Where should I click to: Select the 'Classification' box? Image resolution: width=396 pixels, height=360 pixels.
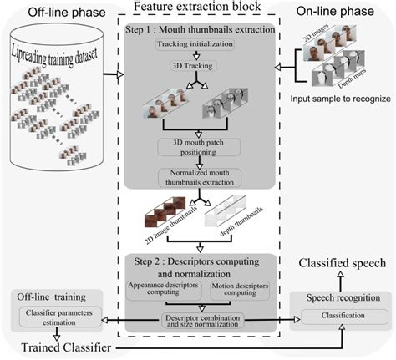[x=341, y=315]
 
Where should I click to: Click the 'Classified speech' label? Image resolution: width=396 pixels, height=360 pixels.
[x=341, y=263]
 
